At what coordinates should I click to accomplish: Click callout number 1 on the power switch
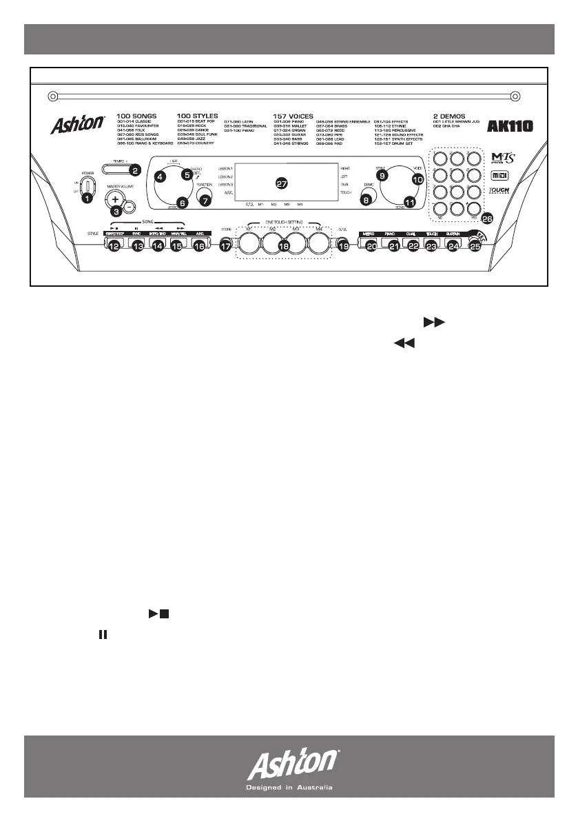87,199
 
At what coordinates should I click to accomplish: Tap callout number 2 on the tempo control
136,170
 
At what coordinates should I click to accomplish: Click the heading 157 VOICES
293,116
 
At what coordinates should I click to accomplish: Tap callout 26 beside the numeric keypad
488,219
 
